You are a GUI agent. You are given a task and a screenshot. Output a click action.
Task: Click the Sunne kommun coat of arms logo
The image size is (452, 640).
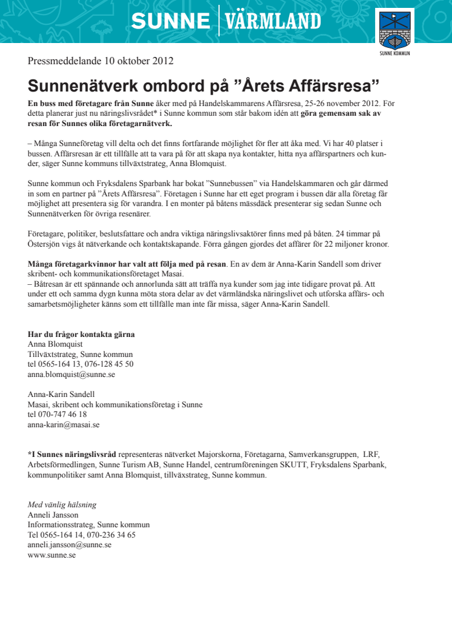point(394,32)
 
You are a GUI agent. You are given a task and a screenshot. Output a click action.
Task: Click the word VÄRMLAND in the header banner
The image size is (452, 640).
point(273,22)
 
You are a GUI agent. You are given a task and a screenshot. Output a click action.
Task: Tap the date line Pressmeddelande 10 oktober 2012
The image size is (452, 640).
point(101,61)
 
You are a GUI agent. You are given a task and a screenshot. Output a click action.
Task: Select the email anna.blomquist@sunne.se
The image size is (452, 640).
point(71,375)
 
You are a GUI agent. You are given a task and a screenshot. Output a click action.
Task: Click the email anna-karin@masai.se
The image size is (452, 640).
point(64,425)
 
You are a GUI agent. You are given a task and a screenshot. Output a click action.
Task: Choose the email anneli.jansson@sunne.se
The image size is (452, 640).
point(70,544)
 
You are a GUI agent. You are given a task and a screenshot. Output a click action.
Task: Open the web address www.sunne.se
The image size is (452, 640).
point(52,555)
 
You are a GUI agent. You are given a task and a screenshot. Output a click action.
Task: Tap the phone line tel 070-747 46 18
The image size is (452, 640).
point(58,415)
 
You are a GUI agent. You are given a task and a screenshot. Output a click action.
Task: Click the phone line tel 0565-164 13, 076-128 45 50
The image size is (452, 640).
point(81,364)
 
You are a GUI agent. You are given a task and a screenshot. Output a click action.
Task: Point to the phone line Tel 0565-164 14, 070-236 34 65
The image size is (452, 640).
point(82,535)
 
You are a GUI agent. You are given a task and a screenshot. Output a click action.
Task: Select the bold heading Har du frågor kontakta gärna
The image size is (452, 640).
point(81,334)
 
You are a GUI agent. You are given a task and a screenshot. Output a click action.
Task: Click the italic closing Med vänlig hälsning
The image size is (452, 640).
point(62,505)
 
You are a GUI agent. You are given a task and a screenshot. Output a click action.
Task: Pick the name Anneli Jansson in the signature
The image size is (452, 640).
point(53,515)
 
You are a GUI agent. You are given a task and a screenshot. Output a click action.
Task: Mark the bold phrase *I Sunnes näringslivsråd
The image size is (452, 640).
point(72,454)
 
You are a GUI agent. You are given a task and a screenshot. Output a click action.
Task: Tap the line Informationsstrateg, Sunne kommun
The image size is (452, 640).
point(88,525)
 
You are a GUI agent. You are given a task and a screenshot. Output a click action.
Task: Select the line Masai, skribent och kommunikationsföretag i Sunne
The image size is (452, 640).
point(115,405)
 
